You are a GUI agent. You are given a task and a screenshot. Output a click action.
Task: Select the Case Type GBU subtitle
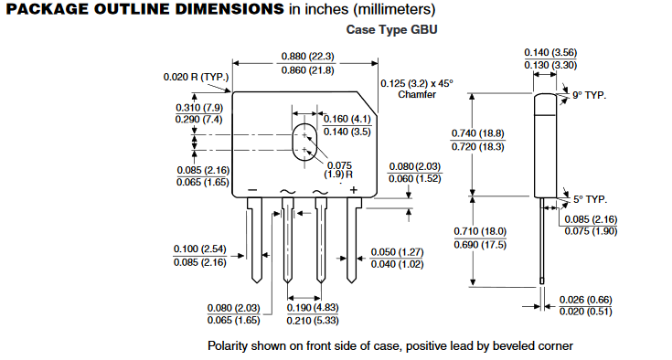click(392, 30)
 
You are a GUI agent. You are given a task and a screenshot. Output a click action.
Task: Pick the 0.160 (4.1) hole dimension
click(348, 119)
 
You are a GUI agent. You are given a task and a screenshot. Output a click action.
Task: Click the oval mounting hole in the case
click(304, 143)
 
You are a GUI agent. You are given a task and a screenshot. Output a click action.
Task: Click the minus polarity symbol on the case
click(252, 190)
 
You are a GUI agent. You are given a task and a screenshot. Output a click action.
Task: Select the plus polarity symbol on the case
click(353, 190)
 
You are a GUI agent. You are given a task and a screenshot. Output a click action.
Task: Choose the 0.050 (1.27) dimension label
click(398, 251)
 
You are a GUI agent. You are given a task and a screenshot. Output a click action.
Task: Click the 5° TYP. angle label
click(590, 198)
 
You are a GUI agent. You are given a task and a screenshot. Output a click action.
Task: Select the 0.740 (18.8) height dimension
click(480, 133)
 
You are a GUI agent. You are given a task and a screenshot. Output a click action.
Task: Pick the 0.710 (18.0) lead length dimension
click(480, 232)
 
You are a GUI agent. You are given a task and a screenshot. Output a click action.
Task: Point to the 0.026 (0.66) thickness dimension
click(586, 299)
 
